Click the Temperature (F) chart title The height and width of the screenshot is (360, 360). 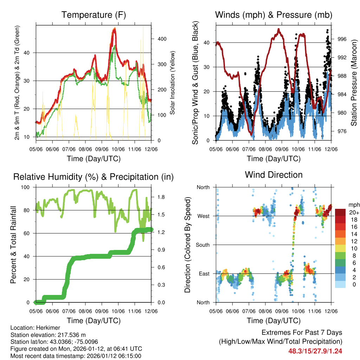coord(94,15)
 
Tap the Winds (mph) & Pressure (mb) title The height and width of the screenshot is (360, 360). coord(274,15)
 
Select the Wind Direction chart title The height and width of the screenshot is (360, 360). coord(274,175)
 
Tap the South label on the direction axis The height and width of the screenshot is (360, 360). coord(203,245)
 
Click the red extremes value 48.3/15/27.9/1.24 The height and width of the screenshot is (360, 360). coord(315,351)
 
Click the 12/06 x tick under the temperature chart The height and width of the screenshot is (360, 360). coord(151,148)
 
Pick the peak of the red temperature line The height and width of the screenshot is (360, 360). coord(114,30)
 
